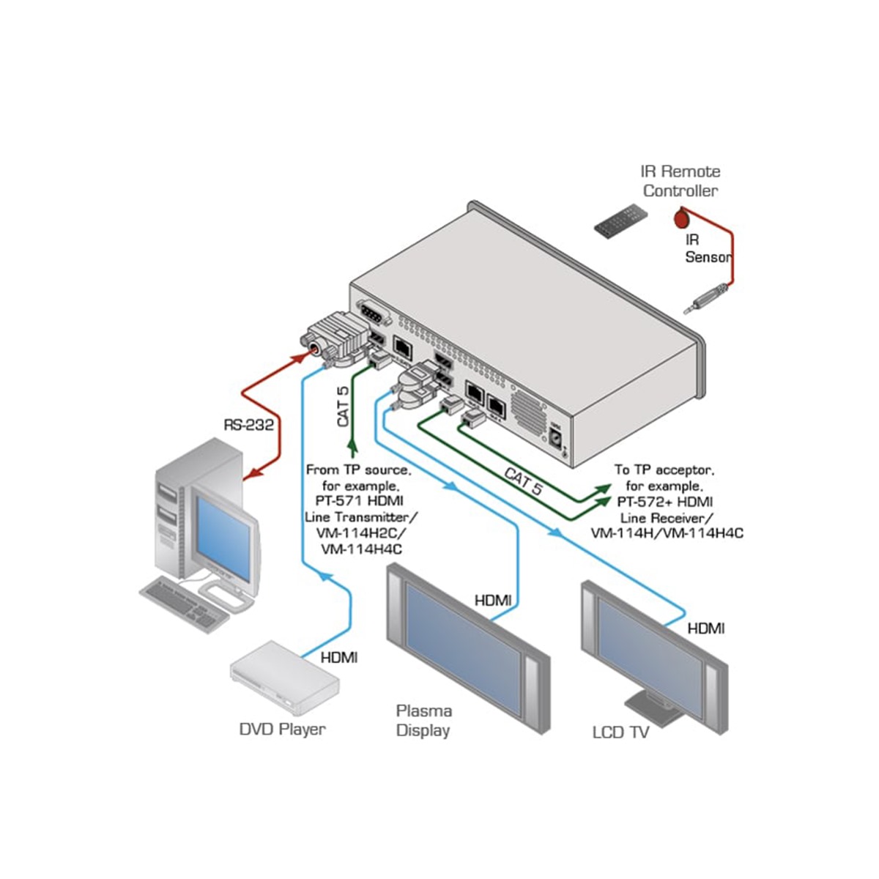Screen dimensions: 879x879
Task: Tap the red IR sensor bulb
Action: (x=680, y=217)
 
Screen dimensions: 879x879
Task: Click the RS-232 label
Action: (x=249, y=424)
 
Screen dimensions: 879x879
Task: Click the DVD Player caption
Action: (x=282, y=729)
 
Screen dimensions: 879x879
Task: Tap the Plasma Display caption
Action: (x=423, y=720)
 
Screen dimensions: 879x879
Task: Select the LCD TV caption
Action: (x=620, y=732)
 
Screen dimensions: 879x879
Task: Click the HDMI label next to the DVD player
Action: (x=339, y=658)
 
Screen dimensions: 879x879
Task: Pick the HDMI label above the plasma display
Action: (x=493, y=601)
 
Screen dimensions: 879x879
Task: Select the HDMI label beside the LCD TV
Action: (x=706, y=628)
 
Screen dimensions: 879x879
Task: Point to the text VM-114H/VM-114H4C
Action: (x=667, y=533)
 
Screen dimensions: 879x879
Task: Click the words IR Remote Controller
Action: (x=680, y=181)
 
